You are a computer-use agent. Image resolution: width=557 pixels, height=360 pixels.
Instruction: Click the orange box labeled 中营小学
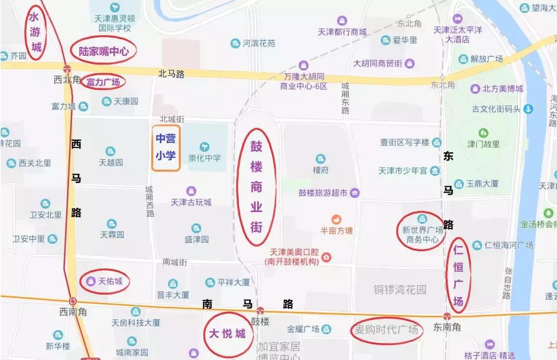click(166, 148)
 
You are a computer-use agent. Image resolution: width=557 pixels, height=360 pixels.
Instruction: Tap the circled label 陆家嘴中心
click(103, 51)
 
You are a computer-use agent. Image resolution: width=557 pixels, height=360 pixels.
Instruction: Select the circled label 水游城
click(36, 33)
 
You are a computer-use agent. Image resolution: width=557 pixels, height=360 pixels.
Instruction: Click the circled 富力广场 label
click(103, 82)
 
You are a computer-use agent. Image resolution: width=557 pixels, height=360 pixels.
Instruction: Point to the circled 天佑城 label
click(105, 282)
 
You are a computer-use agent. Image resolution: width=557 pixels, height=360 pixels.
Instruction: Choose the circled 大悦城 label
click(227, 333)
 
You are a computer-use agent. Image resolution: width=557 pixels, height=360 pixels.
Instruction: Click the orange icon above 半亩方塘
click(337, 219)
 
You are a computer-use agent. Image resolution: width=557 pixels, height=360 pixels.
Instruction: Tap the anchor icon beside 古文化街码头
click(528, 109)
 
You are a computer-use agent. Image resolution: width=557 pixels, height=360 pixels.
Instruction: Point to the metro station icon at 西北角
click(67, 69)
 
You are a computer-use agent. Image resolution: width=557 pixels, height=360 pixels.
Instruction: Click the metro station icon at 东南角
click(447, 315)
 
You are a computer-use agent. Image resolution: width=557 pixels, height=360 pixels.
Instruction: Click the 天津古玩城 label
click(191, 202)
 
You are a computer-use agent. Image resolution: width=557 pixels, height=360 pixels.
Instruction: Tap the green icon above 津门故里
click(483, 133)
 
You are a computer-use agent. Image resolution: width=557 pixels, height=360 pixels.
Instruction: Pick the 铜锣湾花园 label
click(400, 290)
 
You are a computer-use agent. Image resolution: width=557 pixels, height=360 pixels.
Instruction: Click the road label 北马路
click(171, 74)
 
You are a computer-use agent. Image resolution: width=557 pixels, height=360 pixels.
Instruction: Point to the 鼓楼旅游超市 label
click(323, 193)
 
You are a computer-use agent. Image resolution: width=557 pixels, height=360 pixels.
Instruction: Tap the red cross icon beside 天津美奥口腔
click(326, 257)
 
